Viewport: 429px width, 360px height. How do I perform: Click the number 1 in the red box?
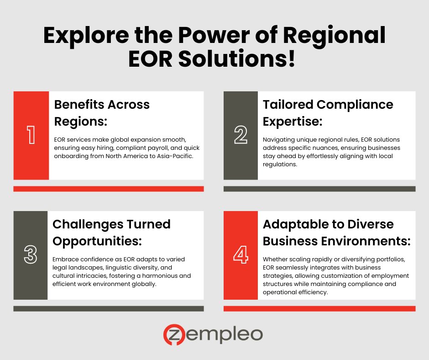[31, 135]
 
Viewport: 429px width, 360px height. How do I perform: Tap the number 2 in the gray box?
[241, 135]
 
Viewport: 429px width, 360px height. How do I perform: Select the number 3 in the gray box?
[31, 255]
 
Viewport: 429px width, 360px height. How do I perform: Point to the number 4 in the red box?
[241, 255]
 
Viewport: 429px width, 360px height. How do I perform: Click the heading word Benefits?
[79, 104]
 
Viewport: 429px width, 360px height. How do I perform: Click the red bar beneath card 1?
[109, 189]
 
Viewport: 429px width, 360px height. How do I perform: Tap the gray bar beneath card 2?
[319, 189]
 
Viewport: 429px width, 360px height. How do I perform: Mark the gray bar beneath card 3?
[109, 309]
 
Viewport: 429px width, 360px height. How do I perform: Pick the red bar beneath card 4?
[319, 309]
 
